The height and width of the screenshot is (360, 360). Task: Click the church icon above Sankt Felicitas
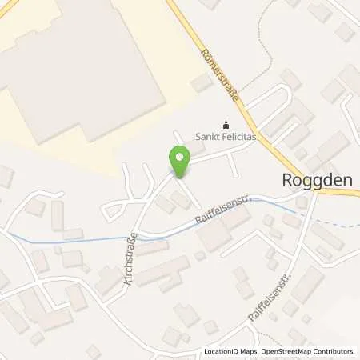tap(226, 124)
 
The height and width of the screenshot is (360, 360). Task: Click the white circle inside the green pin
tap(179, 157)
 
